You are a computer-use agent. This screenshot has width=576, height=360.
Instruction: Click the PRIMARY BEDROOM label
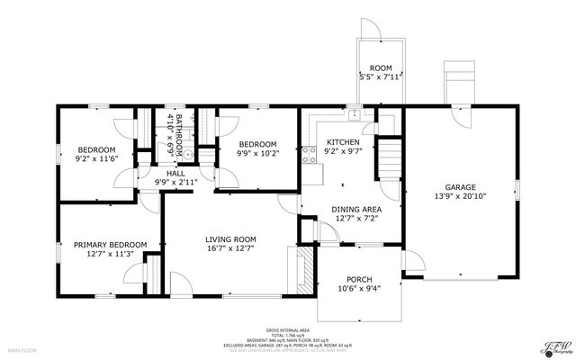click(110, 244)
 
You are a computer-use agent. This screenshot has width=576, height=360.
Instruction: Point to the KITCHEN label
click(342, 143)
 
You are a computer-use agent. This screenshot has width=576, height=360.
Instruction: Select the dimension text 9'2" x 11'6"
click(98, 159)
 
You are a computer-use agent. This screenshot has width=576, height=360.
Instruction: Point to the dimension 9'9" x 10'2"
click(256, 153)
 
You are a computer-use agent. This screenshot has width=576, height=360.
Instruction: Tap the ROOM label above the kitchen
click(381, 68)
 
